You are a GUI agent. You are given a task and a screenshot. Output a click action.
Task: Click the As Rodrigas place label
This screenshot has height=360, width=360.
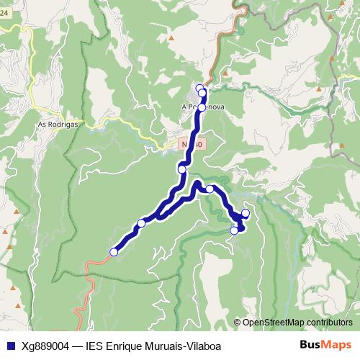57,124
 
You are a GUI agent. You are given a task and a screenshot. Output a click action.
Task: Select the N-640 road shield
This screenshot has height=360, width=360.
193,144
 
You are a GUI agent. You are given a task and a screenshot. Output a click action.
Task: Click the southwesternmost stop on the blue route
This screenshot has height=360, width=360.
114,252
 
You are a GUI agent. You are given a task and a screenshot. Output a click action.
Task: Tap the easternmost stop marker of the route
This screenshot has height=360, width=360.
246,213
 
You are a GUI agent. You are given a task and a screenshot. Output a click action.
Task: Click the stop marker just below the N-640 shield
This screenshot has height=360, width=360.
182,170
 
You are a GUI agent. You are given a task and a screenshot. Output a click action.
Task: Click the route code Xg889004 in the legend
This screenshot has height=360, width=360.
45,345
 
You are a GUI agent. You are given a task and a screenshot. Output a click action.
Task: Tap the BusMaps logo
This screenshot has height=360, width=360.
325,344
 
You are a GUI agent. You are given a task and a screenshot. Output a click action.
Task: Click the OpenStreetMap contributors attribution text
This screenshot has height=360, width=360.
297,323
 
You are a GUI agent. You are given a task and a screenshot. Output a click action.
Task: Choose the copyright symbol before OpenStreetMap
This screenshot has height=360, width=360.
238,323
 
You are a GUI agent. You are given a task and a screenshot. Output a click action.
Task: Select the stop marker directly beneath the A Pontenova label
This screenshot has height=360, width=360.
202,108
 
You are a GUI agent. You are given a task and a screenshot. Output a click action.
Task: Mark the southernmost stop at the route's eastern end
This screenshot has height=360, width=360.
234,230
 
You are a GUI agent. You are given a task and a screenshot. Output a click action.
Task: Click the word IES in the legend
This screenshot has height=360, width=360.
93,345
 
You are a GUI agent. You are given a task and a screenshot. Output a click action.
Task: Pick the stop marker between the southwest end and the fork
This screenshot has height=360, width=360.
141,223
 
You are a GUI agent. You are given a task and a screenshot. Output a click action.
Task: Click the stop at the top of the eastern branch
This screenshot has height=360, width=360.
210,189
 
